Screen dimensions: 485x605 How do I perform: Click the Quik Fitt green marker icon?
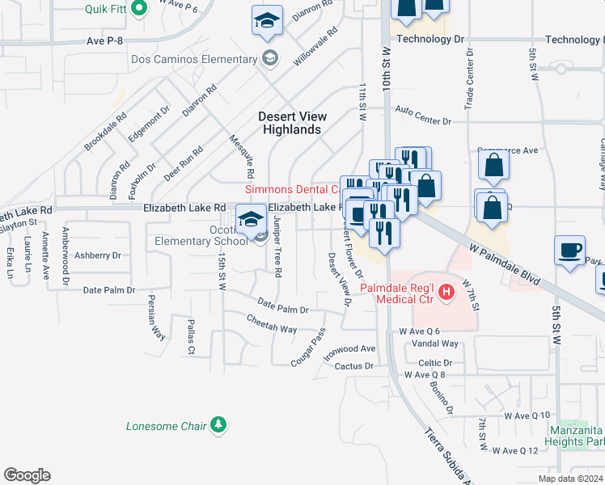[138, 9]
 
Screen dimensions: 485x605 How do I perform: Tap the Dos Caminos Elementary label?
[193, 58]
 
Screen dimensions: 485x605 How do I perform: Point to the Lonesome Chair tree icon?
[218, 425]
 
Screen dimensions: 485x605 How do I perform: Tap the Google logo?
[27, 475]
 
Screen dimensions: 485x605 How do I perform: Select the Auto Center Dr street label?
[422, 121]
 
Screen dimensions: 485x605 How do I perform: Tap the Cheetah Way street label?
[271, 330]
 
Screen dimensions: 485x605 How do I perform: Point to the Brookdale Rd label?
[106, 132]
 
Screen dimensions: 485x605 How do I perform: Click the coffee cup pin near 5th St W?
[569, 250]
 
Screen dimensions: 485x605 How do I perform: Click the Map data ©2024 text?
[569, 479]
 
